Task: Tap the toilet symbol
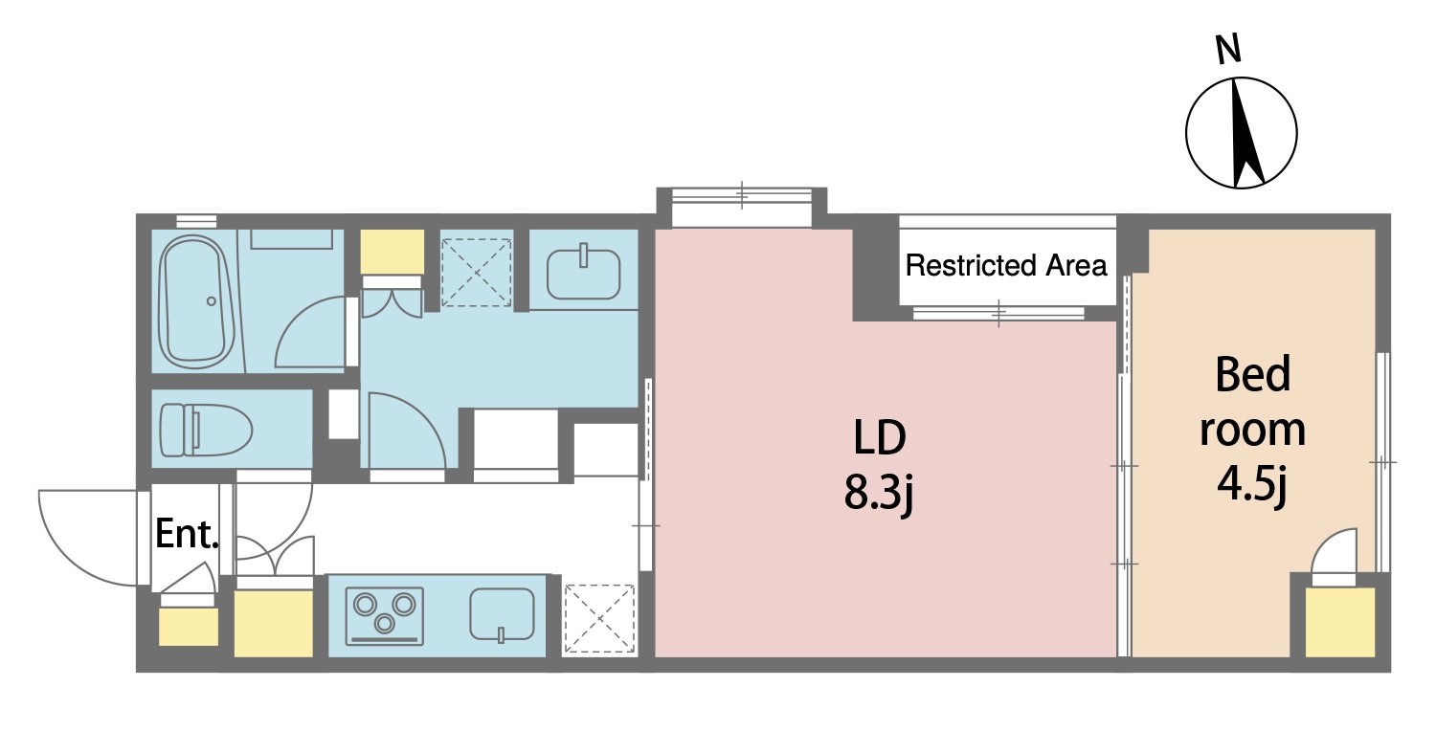pos(205,430)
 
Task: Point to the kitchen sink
pos(502,615)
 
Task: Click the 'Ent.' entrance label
pos(188,534)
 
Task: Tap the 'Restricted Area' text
pos(1006,265)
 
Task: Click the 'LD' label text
pos(880,438)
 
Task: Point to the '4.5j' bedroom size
pos(1252,486)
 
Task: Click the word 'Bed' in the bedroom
pos(1252,374)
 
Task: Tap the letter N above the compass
pos(1228,50)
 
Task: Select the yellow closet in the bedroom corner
pos(1340,622)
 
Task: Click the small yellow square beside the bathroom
pos(393,252)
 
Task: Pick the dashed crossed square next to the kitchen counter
pos(599,619)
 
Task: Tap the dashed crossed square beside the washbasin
pos(477,273)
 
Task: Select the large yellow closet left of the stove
pos(274,624)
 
